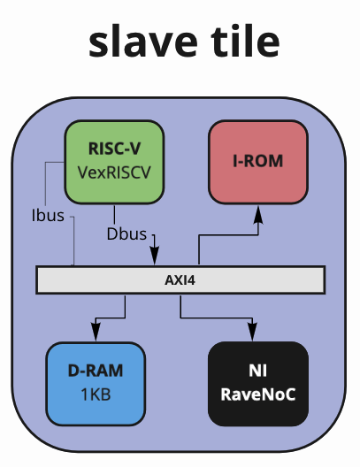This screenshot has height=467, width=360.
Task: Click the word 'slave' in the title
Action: pos(143,40)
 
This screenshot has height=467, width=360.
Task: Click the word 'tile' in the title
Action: pos(245,40)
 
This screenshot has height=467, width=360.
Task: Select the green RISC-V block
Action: pos(114,162)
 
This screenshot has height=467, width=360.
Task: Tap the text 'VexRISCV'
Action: pos(114,172)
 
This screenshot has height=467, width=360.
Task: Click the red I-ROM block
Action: pos(258,162)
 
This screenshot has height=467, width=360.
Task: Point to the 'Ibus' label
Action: pos(48,215)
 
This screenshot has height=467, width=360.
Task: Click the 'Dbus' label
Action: pos(126,234)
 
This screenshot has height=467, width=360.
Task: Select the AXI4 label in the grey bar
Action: pos(180,280)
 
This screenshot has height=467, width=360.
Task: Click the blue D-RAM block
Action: pos(96,384)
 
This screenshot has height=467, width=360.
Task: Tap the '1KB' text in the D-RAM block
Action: pos(96,394)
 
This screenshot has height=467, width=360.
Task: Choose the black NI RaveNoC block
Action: pos(258,384)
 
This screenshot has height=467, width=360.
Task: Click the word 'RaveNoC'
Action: pos(258,394)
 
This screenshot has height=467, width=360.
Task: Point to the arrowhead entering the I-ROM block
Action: pos(258,214)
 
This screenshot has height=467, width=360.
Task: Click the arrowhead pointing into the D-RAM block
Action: pos(96,332)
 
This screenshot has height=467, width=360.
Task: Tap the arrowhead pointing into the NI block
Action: pos(252,332)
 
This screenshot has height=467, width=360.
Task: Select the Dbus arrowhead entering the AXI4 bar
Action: pos(154,256)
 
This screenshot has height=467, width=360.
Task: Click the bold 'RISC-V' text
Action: pos(114,149)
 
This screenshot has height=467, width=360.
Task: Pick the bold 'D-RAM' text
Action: pos(96,371)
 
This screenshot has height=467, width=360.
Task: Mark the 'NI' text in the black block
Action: pos(258,371)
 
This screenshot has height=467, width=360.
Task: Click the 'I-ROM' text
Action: pos(258,161)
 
